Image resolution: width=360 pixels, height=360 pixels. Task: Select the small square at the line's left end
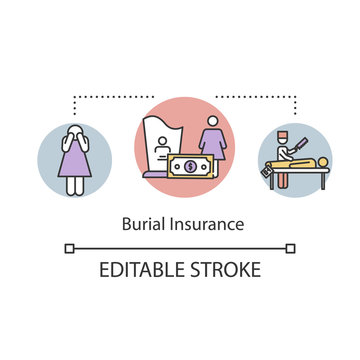pyautogui.click(x=69, y=248)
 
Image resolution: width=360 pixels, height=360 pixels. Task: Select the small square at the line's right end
pyautogui.click(x=291, y=248)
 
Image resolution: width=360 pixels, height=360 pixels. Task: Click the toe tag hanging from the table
pyautogui.click(x=266, y=173)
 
